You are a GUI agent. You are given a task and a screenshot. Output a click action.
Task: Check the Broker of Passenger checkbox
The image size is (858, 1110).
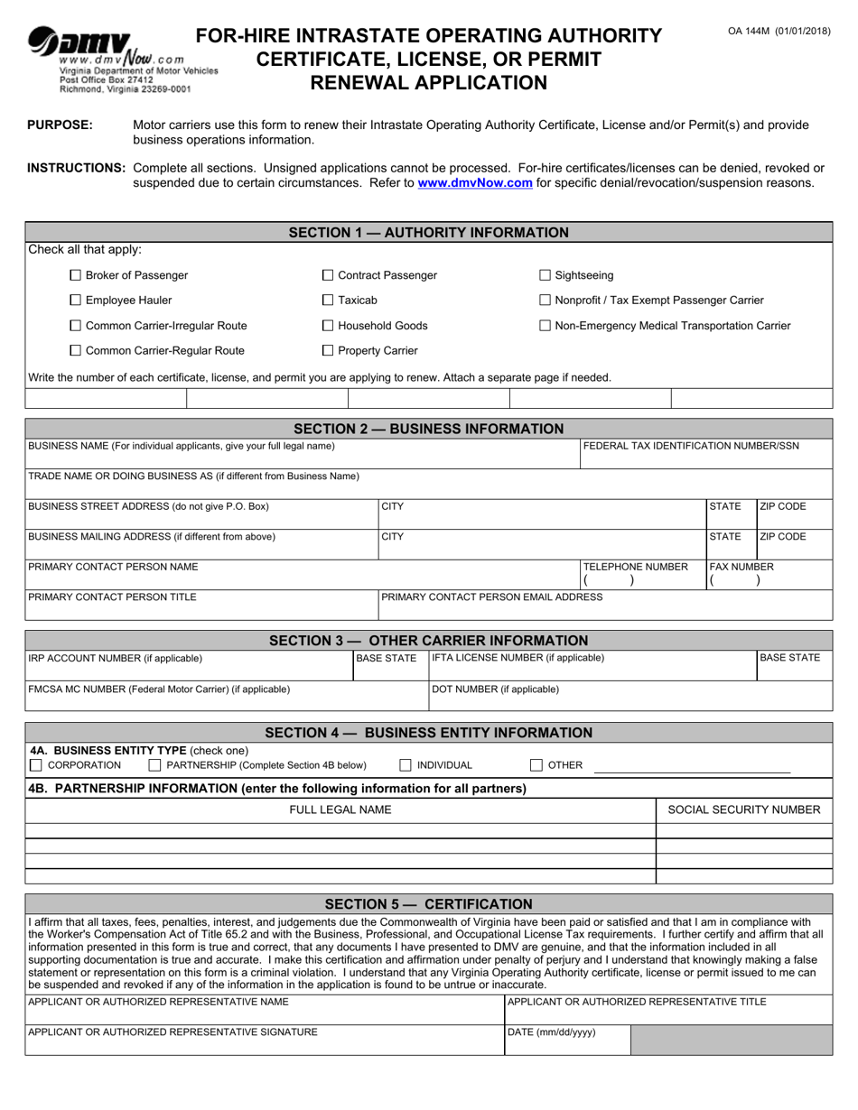tap(76, 275)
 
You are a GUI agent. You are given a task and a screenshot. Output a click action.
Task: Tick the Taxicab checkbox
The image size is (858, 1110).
tap(329, 301)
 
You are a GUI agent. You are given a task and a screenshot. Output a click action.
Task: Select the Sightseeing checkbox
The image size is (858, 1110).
tap(545, 275)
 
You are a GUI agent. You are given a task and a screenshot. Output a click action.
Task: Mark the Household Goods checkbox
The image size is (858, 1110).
tap(329, 326)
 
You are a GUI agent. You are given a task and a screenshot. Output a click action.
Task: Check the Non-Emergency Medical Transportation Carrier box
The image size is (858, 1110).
tap(545, 326)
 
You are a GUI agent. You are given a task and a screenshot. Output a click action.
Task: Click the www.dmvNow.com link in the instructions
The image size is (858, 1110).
tap(474, 182)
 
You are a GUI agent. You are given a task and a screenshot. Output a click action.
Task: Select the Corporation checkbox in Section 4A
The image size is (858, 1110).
tap(36, 765)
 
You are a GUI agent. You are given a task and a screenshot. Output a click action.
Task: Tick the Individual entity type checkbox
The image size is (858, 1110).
tap(406, 765)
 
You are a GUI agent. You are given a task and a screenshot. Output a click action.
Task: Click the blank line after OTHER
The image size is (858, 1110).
tap(691, 766)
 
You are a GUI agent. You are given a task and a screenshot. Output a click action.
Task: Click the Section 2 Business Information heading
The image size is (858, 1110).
tap(429, 429)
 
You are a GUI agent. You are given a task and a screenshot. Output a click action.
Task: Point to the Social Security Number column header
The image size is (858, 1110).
tap(743, 809)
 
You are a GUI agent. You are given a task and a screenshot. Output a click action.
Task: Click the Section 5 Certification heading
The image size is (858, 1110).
tap(429, 903)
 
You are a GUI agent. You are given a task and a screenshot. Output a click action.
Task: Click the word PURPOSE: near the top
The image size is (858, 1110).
tap(61, 125)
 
